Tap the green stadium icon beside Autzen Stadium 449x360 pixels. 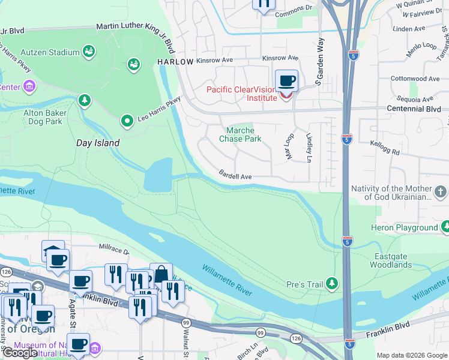[89, 52]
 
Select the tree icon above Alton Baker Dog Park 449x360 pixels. [85, 100]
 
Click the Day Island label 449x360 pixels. [98, 143]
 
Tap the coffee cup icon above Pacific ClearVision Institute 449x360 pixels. [287, 80]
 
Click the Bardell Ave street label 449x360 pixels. [235, 177]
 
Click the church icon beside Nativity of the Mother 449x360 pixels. [441, 192]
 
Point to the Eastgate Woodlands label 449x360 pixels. [390, 260]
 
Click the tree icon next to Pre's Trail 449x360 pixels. [331, 283]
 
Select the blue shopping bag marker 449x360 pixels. [161, 274]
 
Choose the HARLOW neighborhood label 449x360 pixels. [175, 62]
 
